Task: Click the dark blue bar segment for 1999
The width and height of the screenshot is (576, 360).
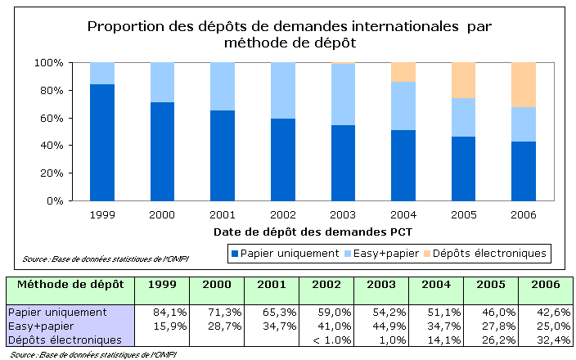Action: pos(102,142)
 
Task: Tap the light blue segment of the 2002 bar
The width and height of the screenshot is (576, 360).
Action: pos(282,90)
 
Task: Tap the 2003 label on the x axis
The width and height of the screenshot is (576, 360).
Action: pos(342,214)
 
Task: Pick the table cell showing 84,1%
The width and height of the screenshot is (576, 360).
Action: pos(162,312)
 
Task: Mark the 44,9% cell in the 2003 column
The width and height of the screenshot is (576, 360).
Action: pos(381,326)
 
